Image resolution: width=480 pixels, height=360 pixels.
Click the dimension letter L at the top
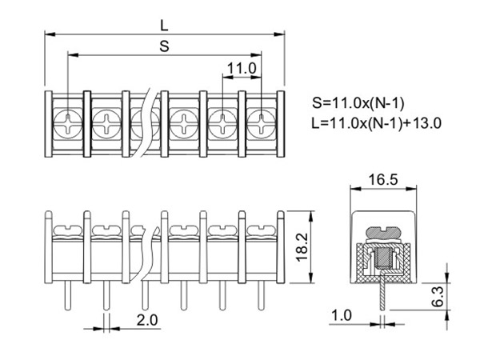pos(165,24)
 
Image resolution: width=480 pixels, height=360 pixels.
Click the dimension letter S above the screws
pos(164,46)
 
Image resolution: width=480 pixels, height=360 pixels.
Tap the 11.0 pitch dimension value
pos(241,69)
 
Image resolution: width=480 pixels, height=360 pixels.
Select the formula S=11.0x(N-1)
pos(358,104)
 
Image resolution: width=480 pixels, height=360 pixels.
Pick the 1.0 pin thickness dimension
pos(342,316)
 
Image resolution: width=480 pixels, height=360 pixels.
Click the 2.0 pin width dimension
pos(147,320)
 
